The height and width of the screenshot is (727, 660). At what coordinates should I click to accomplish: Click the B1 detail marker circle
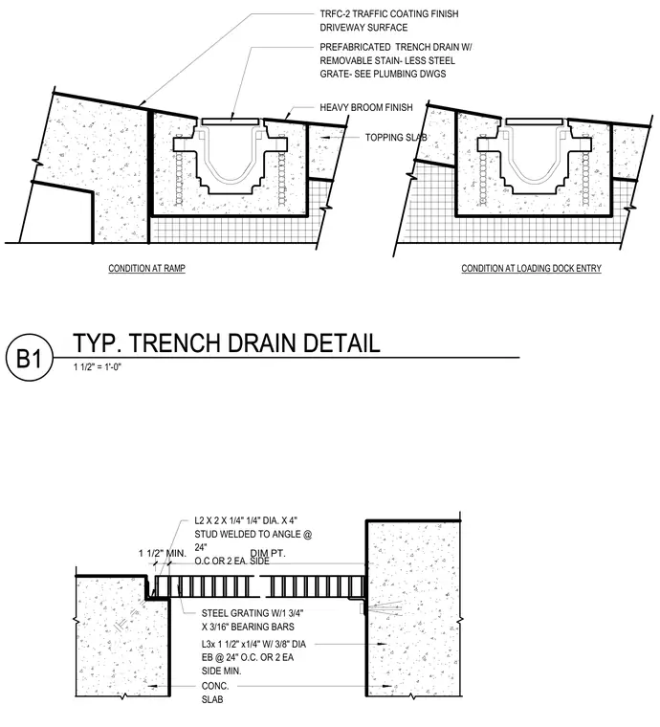pyautogui.click(x=30, y=358)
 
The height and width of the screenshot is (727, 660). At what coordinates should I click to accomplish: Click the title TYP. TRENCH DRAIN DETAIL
pyautogui.click(x=227, y=343)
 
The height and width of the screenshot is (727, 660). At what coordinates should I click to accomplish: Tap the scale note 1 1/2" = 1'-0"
pyautogui.click(x=98, y=367)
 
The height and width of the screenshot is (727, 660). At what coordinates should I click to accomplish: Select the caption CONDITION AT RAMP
pyautogui.click(x=147, y=269)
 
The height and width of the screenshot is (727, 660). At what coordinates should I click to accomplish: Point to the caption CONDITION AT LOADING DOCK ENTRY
pyautogui.click(x=531, y=269)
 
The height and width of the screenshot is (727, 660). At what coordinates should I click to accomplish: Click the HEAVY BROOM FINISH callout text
pyautogui.click(x=366, y=107)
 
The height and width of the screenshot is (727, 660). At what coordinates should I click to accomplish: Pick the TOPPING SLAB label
pyautogui.click(x=396, y=138)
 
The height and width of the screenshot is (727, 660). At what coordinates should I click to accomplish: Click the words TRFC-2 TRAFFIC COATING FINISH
pyautogui.click(x=389, y=14)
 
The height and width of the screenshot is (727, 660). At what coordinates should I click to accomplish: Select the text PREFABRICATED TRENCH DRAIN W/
pyautogui.click(x=396, y=47)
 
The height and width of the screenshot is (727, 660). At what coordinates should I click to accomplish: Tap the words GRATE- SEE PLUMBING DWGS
pyautogui.click(x=383, y=74)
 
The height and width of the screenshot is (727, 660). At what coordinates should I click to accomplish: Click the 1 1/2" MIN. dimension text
pyautogui.click(x=163, y=553)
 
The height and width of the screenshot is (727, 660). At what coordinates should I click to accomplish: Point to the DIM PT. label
pyautogui.click(x=268, y=553)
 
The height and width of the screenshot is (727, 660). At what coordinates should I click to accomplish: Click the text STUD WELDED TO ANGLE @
pyautogui.click(x=253, y=534)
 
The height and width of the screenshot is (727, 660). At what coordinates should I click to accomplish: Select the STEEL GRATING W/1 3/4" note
pyautogui.click(x=253, y=613)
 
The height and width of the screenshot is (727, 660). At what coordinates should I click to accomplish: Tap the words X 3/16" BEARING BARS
pyautogui.click(x=248, y=627)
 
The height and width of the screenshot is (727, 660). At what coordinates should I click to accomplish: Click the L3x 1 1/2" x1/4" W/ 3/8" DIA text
pyautogui.click(x=253, y=644)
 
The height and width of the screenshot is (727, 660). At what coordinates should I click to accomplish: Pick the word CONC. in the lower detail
pyautogui.click(x=215, y=686)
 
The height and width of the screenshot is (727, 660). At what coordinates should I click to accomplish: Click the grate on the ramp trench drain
pyautogui.click(x=231, y=121)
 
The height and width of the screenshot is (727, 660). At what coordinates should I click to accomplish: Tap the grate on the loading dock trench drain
pyautogui.click(x=536, y=121)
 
